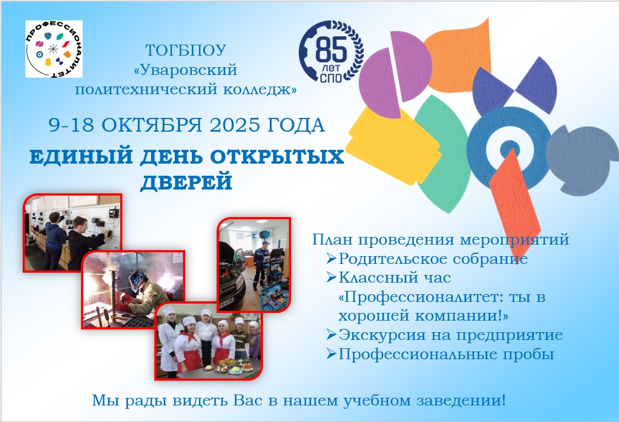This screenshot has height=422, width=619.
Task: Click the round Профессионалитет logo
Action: point(53,49)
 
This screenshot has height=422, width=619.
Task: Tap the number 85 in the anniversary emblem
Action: point(331,50)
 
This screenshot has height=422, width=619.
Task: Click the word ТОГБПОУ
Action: point(186,51)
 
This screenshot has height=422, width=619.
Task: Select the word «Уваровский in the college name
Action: point(186,70)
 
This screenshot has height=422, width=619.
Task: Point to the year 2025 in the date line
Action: point(234,125)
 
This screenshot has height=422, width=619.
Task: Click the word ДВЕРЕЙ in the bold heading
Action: point(186,182)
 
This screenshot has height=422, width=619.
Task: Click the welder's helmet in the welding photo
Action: point(138,278)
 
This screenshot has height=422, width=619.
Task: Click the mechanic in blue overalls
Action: point(262,264)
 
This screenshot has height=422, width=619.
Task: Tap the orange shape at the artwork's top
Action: point(458,57)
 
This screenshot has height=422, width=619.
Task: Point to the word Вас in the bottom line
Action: point(248,401)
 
